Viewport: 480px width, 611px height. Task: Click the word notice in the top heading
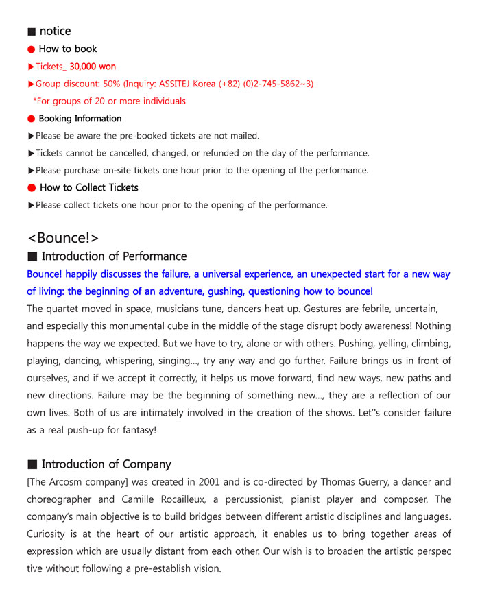55,31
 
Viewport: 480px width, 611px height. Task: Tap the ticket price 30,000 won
93,67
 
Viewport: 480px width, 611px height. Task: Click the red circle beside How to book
31,49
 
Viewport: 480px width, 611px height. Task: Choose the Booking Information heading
80,119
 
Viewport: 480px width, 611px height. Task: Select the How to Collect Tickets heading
89,187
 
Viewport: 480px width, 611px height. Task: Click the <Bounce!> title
63,238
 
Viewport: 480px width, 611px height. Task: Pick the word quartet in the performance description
65,309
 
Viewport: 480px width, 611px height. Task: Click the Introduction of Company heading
106,464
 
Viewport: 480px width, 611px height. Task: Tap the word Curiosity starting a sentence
49,534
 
